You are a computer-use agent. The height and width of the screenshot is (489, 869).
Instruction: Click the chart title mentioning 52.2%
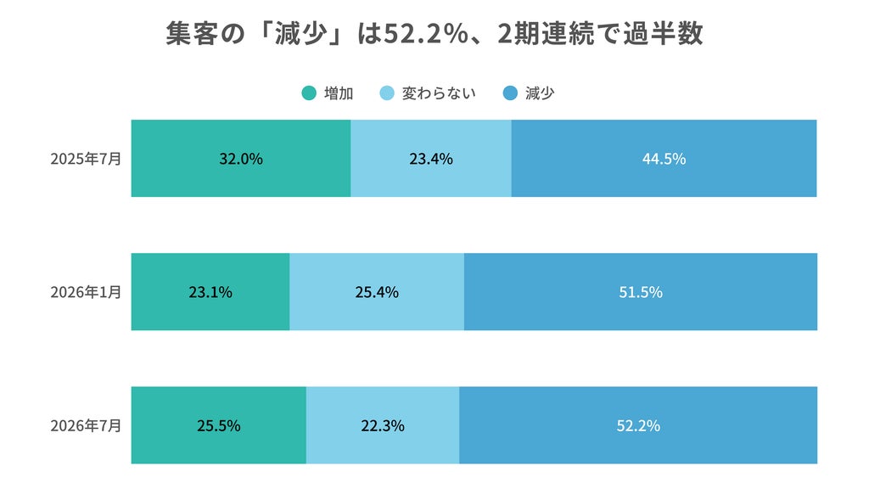(434, 33)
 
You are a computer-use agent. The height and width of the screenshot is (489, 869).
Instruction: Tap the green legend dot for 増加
(309, 93)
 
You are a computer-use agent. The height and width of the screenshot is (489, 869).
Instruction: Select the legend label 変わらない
(439, 93)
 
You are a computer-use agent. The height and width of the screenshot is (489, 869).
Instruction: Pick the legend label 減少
(539, 93)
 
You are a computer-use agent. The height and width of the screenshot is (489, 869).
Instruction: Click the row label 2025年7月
(86, 159)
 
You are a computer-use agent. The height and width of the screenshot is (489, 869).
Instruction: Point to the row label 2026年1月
(86, 292)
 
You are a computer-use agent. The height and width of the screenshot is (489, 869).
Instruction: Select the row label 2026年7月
(86, 426)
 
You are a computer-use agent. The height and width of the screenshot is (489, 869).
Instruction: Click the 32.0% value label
(240, 159)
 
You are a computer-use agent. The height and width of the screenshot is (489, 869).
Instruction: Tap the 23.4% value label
(431, 159)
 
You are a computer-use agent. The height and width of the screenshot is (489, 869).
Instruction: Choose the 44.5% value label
(664, 159)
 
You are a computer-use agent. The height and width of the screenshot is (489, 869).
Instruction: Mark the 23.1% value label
(210, 292)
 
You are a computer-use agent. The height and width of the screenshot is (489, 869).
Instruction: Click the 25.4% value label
(377, 292)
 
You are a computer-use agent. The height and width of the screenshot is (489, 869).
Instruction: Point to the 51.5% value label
(641, 292)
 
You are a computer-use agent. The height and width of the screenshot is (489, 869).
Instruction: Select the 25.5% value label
(218, 426)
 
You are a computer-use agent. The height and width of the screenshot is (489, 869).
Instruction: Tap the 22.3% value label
(383, 426)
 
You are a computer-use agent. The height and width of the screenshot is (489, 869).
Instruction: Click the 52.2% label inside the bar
(638, 426)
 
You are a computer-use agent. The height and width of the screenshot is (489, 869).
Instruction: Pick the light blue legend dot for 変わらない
(387, 93)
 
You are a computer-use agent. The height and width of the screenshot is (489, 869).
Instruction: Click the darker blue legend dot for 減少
(510, 93)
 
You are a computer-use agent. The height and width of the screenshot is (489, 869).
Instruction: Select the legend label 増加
(339, 93)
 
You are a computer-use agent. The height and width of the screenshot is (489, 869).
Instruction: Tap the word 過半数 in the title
(664, 33)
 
